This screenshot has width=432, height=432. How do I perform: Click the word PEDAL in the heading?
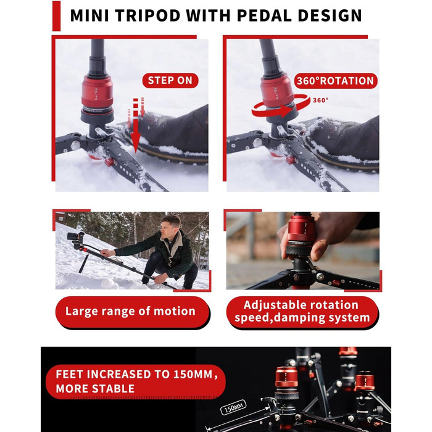(264, 15)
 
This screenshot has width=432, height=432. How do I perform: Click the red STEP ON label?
(170, 80)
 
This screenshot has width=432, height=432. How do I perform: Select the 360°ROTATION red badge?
(335, 81)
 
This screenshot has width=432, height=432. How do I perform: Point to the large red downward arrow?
(136, 125)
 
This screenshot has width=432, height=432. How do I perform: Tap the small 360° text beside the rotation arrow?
(320, 100)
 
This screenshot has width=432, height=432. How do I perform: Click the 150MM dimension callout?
(233, 407)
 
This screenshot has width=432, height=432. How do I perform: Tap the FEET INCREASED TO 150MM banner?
(136, 381)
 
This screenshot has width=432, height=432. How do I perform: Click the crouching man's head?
(170, 225)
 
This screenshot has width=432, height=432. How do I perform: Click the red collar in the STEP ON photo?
(97, 93)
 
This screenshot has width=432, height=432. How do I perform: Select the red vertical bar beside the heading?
(56, 15)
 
